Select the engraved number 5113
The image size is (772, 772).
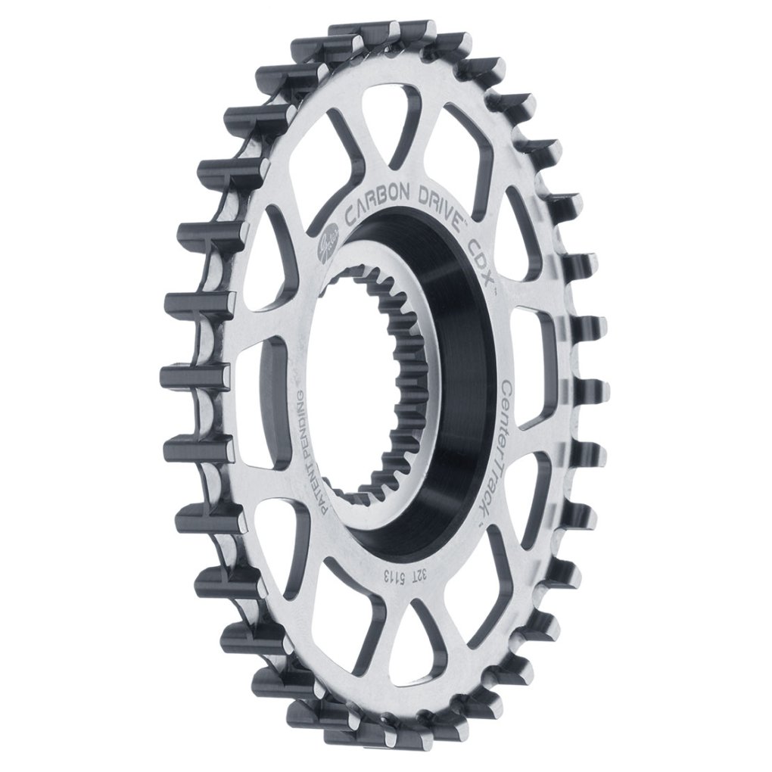(x=398, y=574)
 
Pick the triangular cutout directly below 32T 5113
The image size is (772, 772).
(x=409, y=643)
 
